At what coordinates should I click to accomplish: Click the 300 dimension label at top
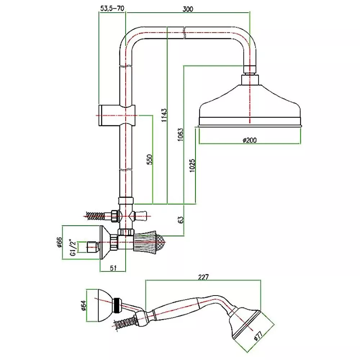coord(188,9)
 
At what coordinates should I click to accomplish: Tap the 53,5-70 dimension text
coord(112,9)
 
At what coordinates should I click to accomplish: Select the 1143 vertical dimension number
coord(164,115)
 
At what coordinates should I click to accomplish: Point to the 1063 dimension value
coord(181,135)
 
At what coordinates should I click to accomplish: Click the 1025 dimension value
coord(192,166)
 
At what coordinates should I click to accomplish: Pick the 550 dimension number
coord(149,159)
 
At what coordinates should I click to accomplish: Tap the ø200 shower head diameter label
coord(250,140)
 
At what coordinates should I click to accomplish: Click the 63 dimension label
coord(181,220)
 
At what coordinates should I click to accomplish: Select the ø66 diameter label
coord(59,242)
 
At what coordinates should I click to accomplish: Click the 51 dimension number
coord(113,268)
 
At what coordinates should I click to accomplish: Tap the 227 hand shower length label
coord(203,277)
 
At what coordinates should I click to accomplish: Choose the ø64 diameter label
coord(84,306)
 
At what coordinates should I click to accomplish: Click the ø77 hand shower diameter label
coord(258,336)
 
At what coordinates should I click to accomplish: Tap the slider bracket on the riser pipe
coord(117,115)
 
